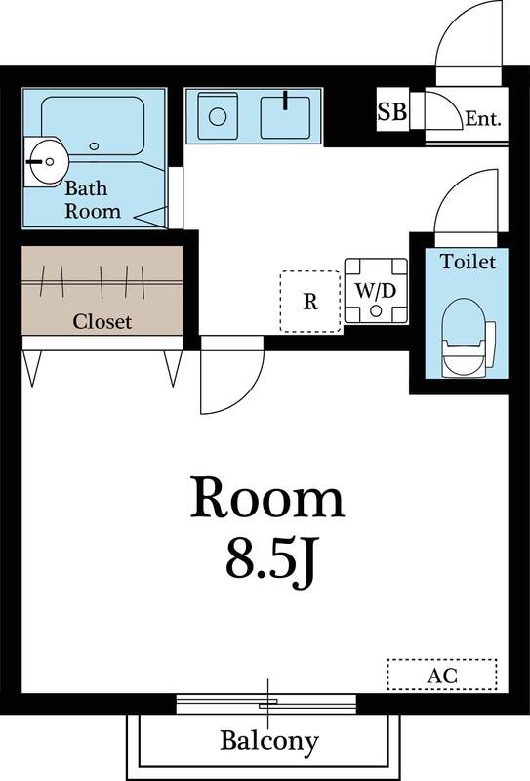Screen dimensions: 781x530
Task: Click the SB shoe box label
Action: pos(391,111)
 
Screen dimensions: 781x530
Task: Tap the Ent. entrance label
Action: pos(482,119)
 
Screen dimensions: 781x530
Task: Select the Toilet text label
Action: pos(469,262)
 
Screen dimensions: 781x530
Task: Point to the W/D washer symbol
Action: pos(375,290)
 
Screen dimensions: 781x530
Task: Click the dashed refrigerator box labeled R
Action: pos(310,301)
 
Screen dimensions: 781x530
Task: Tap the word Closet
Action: pos(102,321)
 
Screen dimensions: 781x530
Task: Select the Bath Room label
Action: pos(93,199)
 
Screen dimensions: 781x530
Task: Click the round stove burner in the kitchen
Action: pos(218,116)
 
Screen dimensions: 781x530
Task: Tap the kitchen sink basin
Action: pos(285,115)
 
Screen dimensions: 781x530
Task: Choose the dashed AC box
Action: pos(442,674)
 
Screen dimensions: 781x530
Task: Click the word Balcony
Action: pos(268,741)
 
